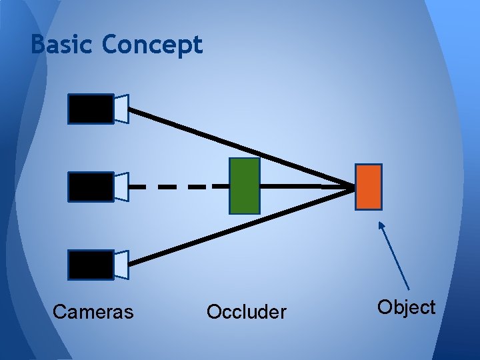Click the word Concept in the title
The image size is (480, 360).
point(152,45)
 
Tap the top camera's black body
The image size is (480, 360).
point(91,109)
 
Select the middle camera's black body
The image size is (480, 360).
point(91,187)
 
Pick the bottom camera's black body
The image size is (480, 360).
point(91,265)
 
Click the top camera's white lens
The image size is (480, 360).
point(121,109)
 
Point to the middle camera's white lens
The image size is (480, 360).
point(121,187)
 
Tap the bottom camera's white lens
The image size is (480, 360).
point(121,265)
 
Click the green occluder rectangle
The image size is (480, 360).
point(244,186)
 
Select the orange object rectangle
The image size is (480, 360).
point(369,187)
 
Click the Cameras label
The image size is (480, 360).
point(93,312)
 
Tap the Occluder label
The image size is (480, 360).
point(247,312)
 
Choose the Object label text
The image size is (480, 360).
point(406,307)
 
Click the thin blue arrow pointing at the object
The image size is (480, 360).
point(395,257)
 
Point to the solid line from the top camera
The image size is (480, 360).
point(233,147)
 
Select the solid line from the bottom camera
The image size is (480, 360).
point(233,229)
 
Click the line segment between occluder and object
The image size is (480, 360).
point(307,187)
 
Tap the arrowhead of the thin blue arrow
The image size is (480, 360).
point(381,225)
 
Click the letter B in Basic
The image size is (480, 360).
point(38,45)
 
